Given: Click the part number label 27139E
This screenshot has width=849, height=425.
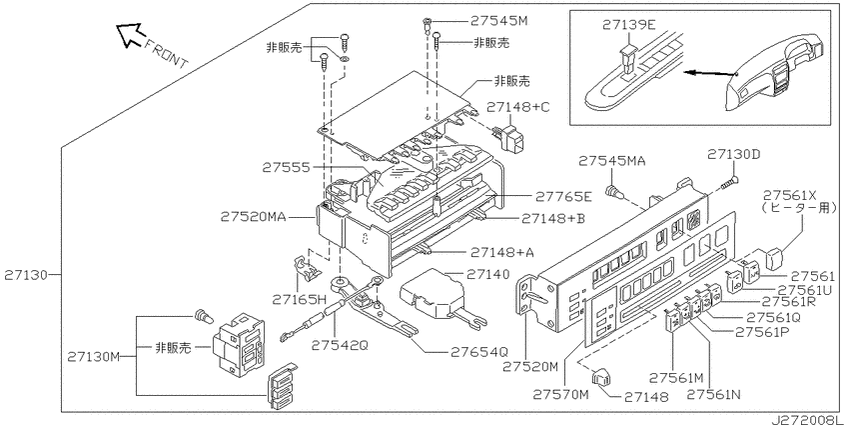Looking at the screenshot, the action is pyautogui.click(x=628, y=24).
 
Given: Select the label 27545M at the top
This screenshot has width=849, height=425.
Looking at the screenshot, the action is pyautogui.click(x=498, y=21).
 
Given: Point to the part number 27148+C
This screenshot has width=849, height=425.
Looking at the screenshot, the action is pyautogui.click(x=517, y=107).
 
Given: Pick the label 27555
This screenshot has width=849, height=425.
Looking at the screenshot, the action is pyautogui.click(x=287, y=168).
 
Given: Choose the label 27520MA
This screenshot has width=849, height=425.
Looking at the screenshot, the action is pyautogui.click(x=253, y=217).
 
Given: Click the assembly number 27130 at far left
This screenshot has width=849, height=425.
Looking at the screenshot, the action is pyautogui.click(x=25, y=275).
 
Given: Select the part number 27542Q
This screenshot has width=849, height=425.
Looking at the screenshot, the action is pyautogui.click(x=340, y=345).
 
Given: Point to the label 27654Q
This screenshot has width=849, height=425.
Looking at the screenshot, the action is pyautogui.click(x=479, y=352).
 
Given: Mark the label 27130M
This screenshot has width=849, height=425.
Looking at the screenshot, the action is pyautogui.click(x=93, y=357).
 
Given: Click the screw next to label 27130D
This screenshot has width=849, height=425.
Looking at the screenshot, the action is pyautogui.click(x=729, y=182).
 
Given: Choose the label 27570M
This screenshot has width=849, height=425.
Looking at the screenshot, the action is pyautogui.click(x=560, y=395).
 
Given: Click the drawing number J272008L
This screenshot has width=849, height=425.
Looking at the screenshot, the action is pyautogui.click(x=807, y=420).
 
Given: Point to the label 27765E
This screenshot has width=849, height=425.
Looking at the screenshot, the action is pyautogui.click(x=563, y=196).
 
